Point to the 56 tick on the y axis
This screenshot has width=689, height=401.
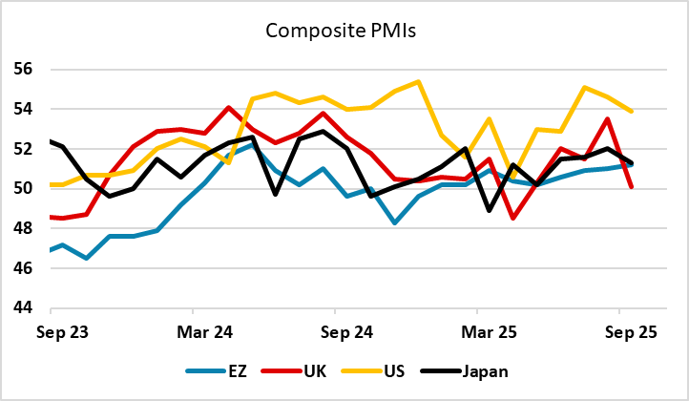tap(23, 70)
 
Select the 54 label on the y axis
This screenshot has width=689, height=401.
tap(23, 110)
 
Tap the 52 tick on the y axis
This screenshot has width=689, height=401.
tap(23, 150)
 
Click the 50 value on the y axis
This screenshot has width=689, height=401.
tap(23, 189)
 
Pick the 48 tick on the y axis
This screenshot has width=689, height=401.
tap(23, 229)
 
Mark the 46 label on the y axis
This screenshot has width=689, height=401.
tap(23, 269)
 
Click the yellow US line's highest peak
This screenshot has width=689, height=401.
tap(418, 82)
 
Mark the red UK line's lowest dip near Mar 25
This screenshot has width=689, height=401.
tap(513, 219)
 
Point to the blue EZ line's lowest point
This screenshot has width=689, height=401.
tap(87, 258)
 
